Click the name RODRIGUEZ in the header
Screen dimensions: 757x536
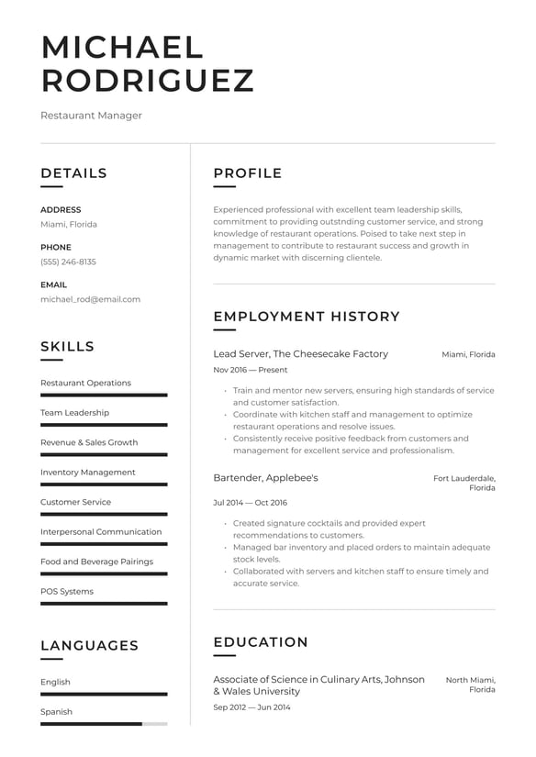147,81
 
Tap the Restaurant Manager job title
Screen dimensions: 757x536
91,116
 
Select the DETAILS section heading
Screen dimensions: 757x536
73,173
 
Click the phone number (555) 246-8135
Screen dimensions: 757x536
68,262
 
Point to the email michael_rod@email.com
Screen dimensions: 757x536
90,299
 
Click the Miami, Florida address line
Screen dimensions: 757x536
68,224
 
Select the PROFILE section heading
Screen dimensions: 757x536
248,173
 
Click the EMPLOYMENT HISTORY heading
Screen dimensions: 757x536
307,317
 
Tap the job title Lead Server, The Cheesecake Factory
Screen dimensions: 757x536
300,354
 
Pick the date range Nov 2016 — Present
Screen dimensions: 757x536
250,370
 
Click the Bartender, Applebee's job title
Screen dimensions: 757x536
265,478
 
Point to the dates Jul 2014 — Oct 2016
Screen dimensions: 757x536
250,503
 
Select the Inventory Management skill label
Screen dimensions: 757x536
87,473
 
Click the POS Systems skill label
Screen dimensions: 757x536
66,592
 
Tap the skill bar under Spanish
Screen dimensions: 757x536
103,724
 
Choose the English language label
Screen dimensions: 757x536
55,682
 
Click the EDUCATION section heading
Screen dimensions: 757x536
261,642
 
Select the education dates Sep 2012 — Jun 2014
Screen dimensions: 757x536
251,707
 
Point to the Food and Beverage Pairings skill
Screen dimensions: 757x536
96,562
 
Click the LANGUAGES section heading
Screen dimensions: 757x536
89,646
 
